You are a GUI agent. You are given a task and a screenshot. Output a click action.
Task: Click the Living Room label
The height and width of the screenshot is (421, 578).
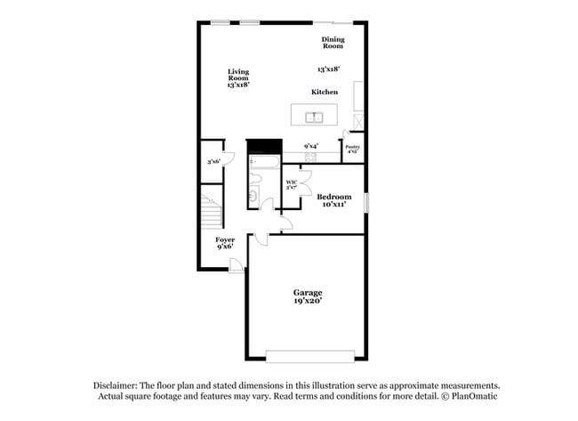237,75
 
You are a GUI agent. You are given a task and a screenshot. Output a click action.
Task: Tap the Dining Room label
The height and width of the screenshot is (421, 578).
333,43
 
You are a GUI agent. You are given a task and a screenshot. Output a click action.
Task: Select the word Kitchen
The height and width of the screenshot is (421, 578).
325,93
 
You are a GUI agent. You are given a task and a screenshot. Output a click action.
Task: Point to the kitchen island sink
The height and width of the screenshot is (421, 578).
315,116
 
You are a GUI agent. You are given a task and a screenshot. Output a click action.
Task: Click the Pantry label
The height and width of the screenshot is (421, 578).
352,148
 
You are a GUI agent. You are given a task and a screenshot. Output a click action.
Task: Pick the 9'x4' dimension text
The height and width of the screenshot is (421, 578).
311,146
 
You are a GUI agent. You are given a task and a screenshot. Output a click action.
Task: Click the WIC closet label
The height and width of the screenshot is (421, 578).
291,184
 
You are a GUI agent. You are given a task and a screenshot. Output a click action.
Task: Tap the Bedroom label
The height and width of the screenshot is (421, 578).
334,197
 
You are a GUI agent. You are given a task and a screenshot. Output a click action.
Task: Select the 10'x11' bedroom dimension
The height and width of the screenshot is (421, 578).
334,205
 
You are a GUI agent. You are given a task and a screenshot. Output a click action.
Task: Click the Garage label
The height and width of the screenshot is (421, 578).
308,292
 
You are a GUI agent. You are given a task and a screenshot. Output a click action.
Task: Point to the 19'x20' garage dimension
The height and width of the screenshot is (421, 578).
308,301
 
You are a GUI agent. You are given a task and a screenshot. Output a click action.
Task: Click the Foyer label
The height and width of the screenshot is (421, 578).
225,240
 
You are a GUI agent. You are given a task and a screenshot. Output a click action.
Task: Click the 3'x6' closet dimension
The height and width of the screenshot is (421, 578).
213,161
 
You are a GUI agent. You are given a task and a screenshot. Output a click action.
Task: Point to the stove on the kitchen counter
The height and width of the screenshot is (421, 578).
310,157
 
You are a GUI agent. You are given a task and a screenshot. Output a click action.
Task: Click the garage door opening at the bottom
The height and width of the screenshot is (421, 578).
302,358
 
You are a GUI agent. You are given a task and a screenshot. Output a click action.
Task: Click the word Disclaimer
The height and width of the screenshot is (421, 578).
115,385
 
